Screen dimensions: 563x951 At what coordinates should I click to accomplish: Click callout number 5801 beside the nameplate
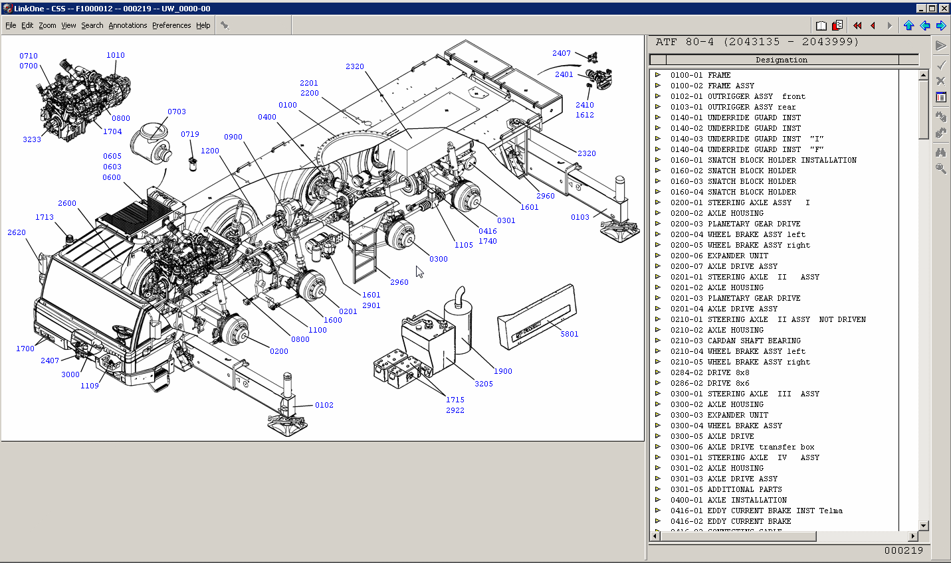coord(570,334)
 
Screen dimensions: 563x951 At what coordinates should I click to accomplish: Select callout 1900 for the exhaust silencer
coord(503,371)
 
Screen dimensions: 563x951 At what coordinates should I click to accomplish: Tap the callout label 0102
coord(324,405)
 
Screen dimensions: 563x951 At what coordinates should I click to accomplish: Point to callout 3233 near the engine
coord(32,139)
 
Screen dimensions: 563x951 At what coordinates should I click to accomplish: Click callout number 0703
coord(177,112)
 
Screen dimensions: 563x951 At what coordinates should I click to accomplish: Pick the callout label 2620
coord(17,232)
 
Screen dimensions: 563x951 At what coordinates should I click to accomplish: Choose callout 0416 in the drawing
coord(488,231)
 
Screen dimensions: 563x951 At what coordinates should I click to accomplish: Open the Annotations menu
coord(128,25)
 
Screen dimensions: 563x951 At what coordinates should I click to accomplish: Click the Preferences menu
coord(171,25)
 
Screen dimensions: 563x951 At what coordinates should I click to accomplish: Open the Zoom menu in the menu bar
coord(47,25)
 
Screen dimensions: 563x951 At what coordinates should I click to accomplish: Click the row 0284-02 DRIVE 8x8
coord(710,372)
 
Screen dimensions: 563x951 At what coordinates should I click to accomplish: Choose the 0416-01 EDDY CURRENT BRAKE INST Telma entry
coord(756,511)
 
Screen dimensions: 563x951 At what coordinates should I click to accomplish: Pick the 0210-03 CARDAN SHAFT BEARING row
coord(736,341)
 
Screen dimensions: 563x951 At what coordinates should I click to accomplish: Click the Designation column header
coord(781,60)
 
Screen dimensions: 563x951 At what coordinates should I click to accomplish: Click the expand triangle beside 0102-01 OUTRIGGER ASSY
coord(658,96)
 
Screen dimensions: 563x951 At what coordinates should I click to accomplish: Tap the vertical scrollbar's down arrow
coord(923,525)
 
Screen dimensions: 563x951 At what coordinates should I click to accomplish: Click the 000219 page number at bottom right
coord(903,550)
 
